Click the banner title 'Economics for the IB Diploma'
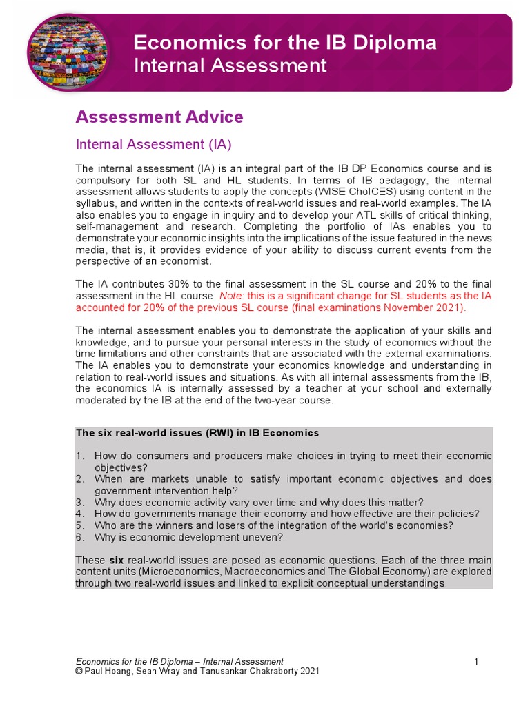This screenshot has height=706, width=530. pyautogui.click(x=284, y=43)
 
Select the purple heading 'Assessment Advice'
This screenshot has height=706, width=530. pyautogui.click(x=159, y=117)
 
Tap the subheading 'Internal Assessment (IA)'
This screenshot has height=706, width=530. pyautogui.click(x=153, y=145)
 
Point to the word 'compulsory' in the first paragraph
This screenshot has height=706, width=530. pyautogui.click(x=103, y=180)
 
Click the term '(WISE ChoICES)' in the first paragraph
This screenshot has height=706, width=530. pyautogui.click(x=315, y=192)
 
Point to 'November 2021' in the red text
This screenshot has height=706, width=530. pyautogui.click(x=429, y=307)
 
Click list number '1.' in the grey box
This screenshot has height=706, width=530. pyautogui.click(x=80, y=456)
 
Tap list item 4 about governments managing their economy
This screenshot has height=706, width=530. pyautogui.click(x=286, y=514)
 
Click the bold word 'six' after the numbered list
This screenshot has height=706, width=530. pyautogui.click(x=116, y=560)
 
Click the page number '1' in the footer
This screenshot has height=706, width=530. pyautogui.click(x=476, y=662)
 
